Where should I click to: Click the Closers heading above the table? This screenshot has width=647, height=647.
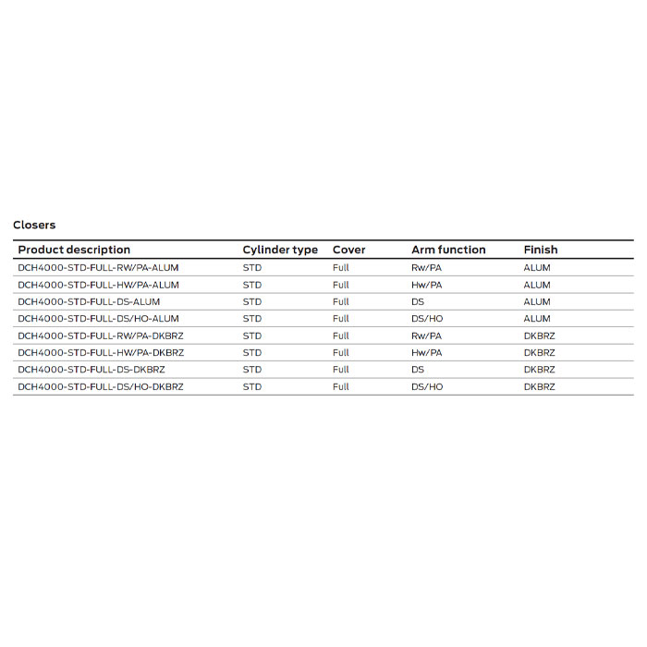(x=34, y=225)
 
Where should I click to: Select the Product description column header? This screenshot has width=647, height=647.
(x=74, y=250)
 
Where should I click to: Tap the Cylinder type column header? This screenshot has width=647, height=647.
(x=280, y=250)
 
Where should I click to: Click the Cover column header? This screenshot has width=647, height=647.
(x=349, y=250)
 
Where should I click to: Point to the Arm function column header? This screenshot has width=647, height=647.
(x=448, y=250)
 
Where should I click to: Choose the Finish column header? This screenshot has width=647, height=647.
(x=541, y=250)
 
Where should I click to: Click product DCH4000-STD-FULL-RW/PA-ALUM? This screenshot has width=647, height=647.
(x=98, y=268)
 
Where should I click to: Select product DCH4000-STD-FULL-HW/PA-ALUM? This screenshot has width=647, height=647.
(x=98, y=285)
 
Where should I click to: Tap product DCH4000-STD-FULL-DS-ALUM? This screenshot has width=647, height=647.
(x=89, y=301)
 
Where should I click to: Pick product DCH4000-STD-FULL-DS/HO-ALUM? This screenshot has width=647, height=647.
(x=98, y=319)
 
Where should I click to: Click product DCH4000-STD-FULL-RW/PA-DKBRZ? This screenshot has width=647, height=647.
(x=101, y=336)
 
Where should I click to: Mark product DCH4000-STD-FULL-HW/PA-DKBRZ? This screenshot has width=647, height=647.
(x=101, y=352)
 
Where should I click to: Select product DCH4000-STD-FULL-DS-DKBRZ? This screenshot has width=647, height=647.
(x=92, y=370)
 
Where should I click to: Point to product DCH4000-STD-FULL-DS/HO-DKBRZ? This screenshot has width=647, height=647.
(x=101, y=386)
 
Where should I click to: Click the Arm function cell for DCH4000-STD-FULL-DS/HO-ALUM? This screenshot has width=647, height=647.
(x=427, y=319)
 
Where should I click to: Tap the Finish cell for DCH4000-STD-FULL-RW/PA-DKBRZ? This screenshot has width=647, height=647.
(x=540, y=336)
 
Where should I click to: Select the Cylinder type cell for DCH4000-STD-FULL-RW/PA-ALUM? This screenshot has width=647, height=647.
(x=252, y=268)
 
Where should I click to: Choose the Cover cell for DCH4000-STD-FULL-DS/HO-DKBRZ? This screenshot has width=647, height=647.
(x=341, y=386)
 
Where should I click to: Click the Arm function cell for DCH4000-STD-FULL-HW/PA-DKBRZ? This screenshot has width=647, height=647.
(x=427, y=352)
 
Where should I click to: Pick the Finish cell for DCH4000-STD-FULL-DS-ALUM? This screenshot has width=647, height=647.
(x=537, y=301)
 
